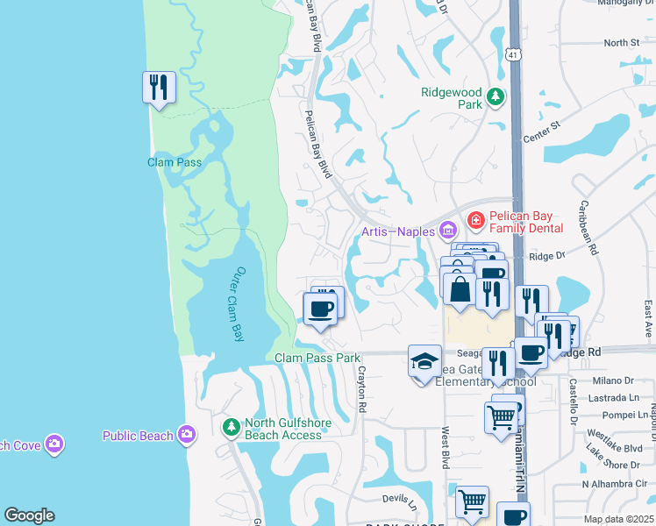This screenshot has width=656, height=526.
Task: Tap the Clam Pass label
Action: (175, 162)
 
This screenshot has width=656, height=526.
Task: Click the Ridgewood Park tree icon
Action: (496, 96)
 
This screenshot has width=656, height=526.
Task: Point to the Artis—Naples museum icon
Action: (448, 231)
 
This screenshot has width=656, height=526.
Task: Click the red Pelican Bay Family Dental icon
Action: (476, 220)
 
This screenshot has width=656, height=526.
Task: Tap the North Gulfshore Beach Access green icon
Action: (231, 427)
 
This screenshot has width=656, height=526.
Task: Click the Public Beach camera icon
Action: (186, 434)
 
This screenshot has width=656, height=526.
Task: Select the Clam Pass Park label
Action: (317, 358)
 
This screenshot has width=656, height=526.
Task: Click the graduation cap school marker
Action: (424, 361)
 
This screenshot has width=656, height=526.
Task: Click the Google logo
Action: (29, 515)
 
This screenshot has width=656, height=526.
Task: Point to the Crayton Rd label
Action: (360, 387)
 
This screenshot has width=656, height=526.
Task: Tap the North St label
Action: (622, 43)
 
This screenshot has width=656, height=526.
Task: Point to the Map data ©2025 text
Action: (618, 519)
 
